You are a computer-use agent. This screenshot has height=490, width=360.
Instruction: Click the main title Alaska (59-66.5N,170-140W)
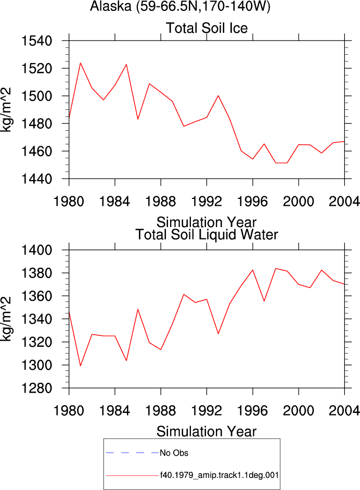[x=180, y=6]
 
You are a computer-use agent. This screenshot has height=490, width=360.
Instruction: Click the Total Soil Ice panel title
[x=207, y=28]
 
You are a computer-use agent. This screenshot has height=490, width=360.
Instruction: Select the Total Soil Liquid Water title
[x=207, y=235]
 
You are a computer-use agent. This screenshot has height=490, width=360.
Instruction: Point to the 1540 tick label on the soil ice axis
[x=36, y=41]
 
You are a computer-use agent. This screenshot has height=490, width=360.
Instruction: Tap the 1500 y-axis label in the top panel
[x=36, y=96]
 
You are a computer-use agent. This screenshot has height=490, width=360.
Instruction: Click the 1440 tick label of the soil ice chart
[x=36, y=179]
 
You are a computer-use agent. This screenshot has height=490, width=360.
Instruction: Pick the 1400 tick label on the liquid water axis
[x=36, y=250]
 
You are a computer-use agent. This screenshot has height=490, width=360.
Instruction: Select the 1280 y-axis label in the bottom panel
[x=36, y=388]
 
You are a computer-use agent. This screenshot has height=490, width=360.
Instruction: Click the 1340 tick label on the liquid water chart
[x=36, y=319]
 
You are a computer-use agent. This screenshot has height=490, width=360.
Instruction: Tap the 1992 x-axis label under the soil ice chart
[x=207, y=202]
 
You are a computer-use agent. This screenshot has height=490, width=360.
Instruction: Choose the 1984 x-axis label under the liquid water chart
[x=114, y=411]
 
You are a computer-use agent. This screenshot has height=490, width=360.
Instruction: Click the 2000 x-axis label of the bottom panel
[x=299, y=411]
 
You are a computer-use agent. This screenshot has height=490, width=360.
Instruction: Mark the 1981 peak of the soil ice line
[x=80, y=63]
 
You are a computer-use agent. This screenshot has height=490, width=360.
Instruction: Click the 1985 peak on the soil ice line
[x=126, y=65]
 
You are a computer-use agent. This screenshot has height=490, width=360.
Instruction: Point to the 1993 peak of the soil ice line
[x=218, y=96]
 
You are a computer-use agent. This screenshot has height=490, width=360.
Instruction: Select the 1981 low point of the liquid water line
[x=80, y=366]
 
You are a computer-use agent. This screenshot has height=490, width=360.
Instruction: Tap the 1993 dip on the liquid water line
[x=218, y=334]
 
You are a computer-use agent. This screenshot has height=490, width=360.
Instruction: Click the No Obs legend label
[x=174, y=453]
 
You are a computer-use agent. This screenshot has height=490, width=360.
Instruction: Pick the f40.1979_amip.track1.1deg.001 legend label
[x=220, y=475]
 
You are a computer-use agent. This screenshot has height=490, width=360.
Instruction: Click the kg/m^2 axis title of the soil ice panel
[x=6, y=110]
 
